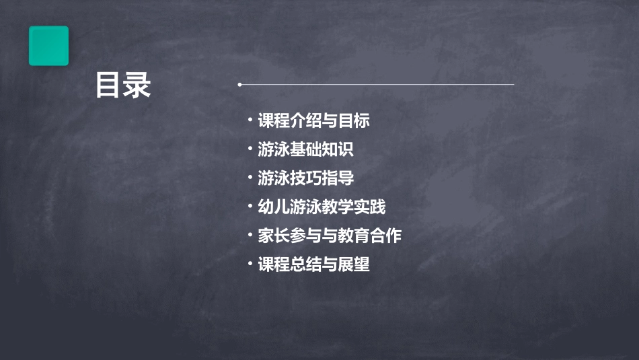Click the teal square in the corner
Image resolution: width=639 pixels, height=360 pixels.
48,46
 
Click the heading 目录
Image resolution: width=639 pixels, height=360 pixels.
123,85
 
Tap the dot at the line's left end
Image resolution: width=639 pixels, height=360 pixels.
239,85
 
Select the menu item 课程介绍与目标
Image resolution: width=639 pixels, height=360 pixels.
313,121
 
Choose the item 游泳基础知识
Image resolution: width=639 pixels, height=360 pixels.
305,149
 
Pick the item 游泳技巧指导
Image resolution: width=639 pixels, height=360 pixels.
305,178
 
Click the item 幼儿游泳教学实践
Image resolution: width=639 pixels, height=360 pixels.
322,207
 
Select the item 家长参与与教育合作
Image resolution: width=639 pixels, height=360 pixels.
330,236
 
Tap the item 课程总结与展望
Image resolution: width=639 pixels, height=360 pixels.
313,264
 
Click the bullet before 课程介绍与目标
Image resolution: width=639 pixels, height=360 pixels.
250,121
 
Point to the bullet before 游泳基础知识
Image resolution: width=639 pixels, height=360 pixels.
250,149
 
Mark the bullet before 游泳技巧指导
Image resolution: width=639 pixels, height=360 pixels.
250,178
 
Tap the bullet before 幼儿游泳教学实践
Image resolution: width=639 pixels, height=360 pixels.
250,207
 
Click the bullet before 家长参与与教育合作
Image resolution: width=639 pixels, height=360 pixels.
250,236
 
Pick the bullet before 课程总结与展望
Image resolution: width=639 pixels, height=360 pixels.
250,264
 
